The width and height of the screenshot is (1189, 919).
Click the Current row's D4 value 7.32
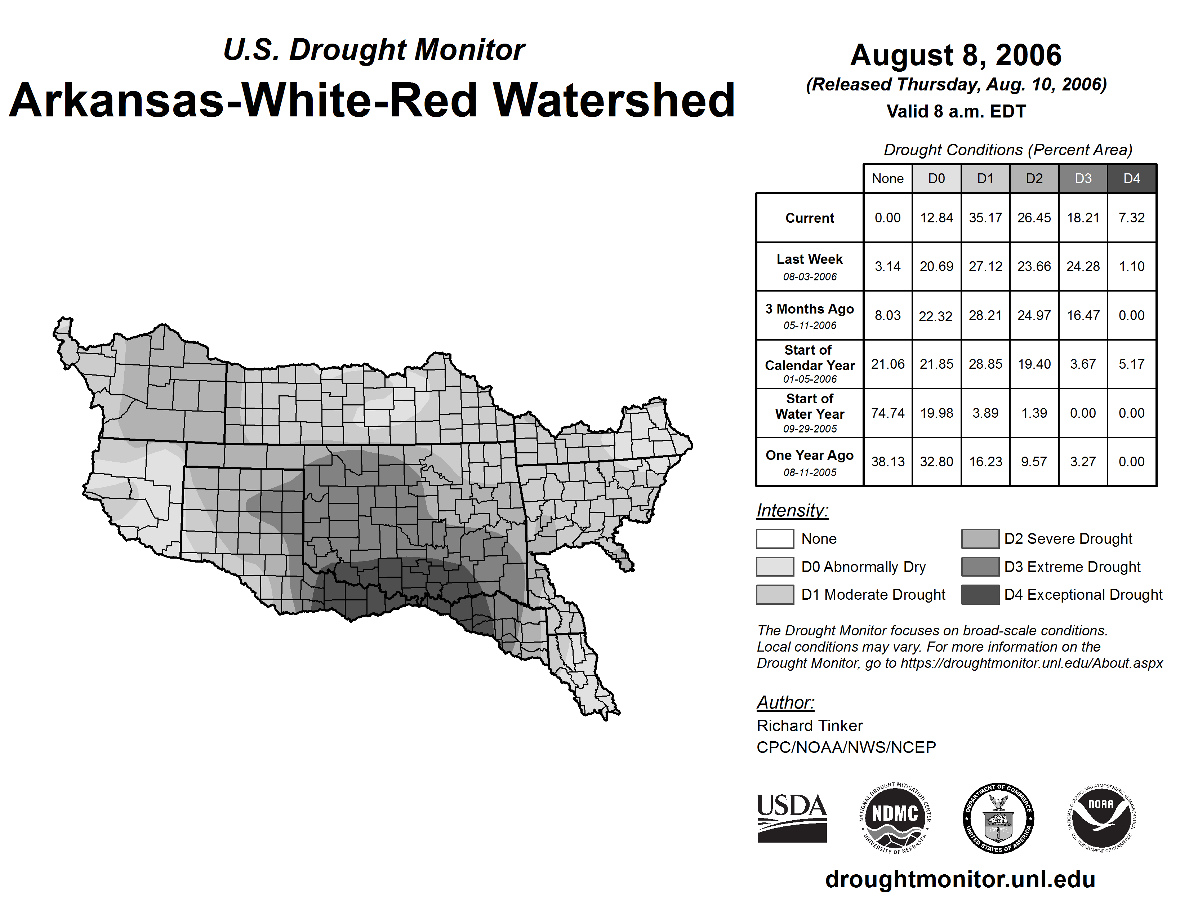[x=1131, y=218]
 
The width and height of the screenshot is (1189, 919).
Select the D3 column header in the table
[x=1083, y=178]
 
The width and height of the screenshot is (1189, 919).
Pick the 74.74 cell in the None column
[x=887, y=413]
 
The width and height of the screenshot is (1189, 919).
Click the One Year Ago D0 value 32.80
[x=936, y=462]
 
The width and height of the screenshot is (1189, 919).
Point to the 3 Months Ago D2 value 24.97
[x=1034, y=315]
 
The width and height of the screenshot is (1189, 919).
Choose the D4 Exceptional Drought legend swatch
[x=980, y=595]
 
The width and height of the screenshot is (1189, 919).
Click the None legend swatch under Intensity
[x=775, y=538]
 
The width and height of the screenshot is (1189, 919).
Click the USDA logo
[x=792, y=818]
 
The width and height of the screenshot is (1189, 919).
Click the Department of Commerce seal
[x=998, y=818]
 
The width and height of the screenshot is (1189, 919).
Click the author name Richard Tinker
[x=810, y=726]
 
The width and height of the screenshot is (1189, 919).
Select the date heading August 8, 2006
[x=956, y=55]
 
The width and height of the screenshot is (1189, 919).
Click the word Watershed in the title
[x=614, y=100]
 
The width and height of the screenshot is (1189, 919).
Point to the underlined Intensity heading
[x=792, y=511]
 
